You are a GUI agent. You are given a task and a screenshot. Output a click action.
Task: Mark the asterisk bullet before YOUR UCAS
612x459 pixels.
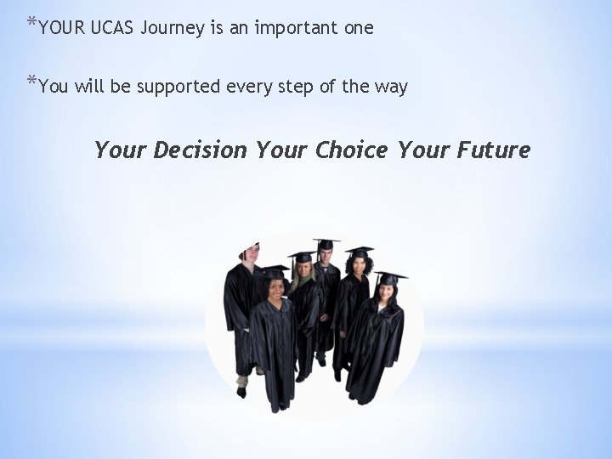[31, 24]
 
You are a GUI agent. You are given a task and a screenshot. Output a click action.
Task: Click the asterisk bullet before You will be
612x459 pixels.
[31, 82]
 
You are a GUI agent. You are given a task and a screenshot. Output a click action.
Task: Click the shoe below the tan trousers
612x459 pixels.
[241, 392]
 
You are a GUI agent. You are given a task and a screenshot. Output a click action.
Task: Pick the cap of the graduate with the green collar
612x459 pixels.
[301, 256]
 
